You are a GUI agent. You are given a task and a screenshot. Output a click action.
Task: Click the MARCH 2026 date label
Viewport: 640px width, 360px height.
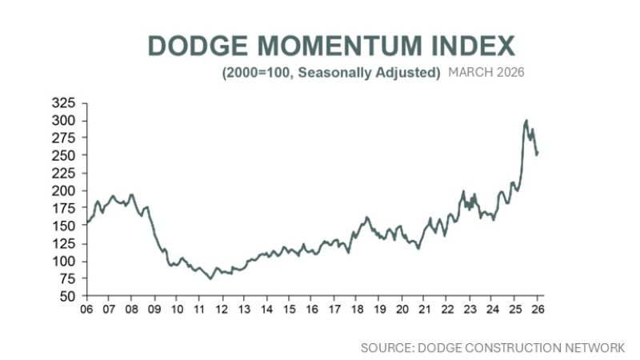click(486, 73)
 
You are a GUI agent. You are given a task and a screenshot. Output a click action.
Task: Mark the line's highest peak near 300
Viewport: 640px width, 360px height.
click(526, 121)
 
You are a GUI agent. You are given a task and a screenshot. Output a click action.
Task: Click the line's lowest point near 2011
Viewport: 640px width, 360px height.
click(210, 278)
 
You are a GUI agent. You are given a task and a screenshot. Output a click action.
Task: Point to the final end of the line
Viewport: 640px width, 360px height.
click(537, 154)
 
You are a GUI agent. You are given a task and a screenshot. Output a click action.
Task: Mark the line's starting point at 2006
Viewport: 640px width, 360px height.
click(86, 223)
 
